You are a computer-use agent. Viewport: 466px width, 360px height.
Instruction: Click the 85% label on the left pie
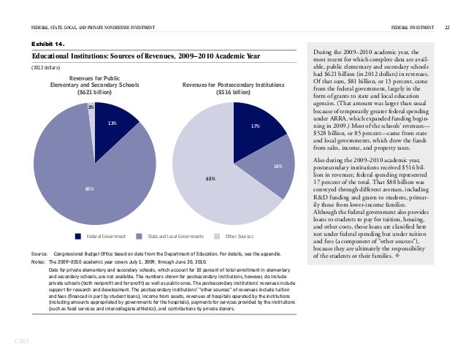click(88, 189)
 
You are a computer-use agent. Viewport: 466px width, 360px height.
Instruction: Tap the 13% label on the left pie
click(112, 123)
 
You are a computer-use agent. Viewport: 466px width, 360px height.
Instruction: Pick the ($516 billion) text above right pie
click(232, 93)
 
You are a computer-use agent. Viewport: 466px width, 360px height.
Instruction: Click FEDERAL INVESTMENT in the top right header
click(412, 27)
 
